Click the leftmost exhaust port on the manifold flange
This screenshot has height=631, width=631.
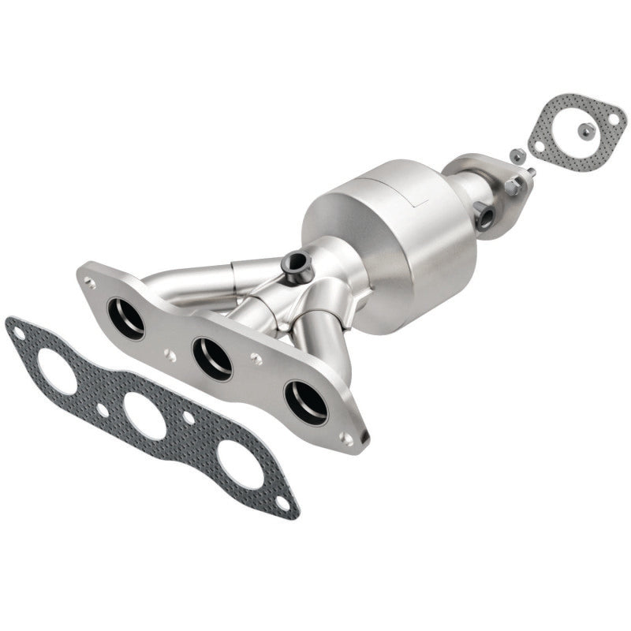click(126, 318)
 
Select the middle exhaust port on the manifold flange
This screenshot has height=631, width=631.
click(212, 358)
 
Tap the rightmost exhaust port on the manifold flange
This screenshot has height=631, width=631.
click(305, 401)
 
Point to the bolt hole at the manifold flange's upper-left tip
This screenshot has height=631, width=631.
click(91, 280)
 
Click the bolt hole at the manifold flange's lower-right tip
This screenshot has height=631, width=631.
click(347, 439)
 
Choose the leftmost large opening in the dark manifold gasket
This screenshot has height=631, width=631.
click(57, 370)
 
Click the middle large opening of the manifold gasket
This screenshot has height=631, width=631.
click(145, 416)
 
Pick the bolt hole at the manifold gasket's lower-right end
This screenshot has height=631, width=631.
click(282, 502)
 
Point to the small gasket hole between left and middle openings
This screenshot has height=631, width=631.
click(103, 410)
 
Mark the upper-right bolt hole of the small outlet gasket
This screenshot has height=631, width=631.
click(612, 118)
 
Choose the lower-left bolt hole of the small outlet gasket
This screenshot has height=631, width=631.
click(538, 146)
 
